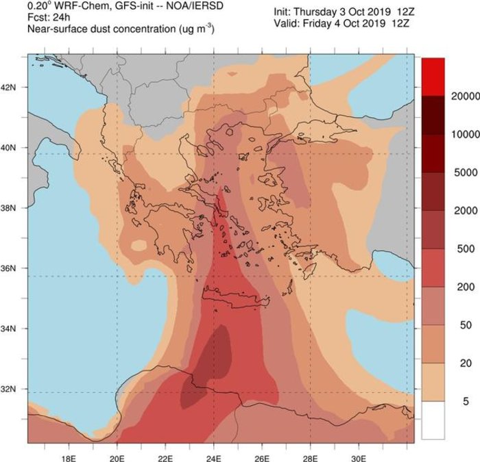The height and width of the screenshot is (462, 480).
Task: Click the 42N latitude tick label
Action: (13, 88)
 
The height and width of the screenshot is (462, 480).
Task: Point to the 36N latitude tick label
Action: (13, 268)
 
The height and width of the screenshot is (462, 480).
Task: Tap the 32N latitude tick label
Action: (13, 389)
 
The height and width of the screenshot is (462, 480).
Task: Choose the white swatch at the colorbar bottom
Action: (433, 420)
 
